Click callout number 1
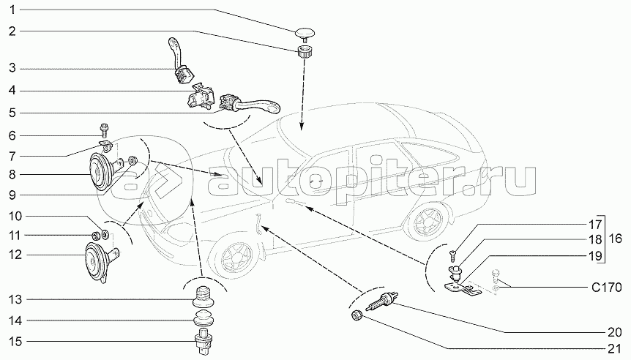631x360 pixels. pos(12,10)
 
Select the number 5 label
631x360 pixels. pos(12,113)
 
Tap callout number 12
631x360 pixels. pos(15,255)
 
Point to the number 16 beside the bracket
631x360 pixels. pos(618,239)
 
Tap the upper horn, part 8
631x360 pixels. pos(102,172)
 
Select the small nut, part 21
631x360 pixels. pos(356,315)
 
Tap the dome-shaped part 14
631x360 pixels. pos(202,320)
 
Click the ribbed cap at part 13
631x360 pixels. pos(202,298)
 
